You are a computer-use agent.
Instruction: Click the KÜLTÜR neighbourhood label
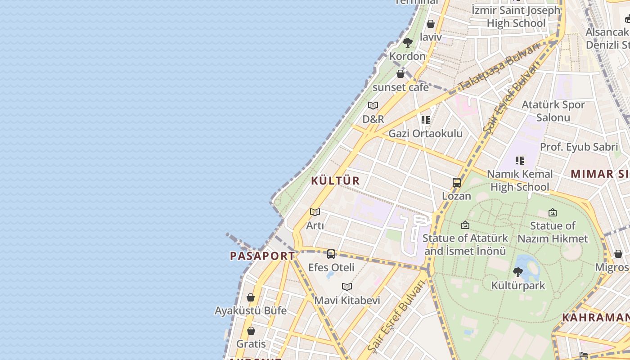(x=335, y=181)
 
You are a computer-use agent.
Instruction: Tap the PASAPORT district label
(x=262, y=256)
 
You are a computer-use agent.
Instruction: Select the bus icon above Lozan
(x=457, y=183)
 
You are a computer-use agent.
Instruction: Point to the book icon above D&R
(x=373, y=106)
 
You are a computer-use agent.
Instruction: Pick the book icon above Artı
(x=315, y=212)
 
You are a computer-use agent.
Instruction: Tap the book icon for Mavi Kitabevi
(x=346, y=287)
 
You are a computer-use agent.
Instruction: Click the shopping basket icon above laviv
(x=431, y=24)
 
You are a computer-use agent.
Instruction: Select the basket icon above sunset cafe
(x=400, y=74)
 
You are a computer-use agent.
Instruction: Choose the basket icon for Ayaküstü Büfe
(x=251, y=297)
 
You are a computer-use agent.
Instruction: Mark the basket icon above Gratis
(x=251, y=331)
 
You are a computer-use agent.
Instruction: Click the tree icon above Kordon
(x=407, y=43)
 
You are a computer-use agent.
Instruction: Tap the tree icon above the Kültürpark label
(x=518, y=272)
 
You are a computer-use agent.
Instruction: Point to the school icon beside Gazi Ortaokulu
(x=426, y=120)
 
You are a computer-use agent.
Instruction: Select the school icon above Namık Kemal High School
(x=520, y=161)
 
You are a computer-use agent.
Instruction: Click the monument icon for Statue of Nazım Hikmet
(x=553, y=212)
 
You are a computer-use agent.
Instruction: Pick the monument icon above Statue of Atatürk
(x=465, y=225)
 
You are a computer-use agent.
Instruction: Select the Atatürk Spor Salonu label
(x=553, y=111)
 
